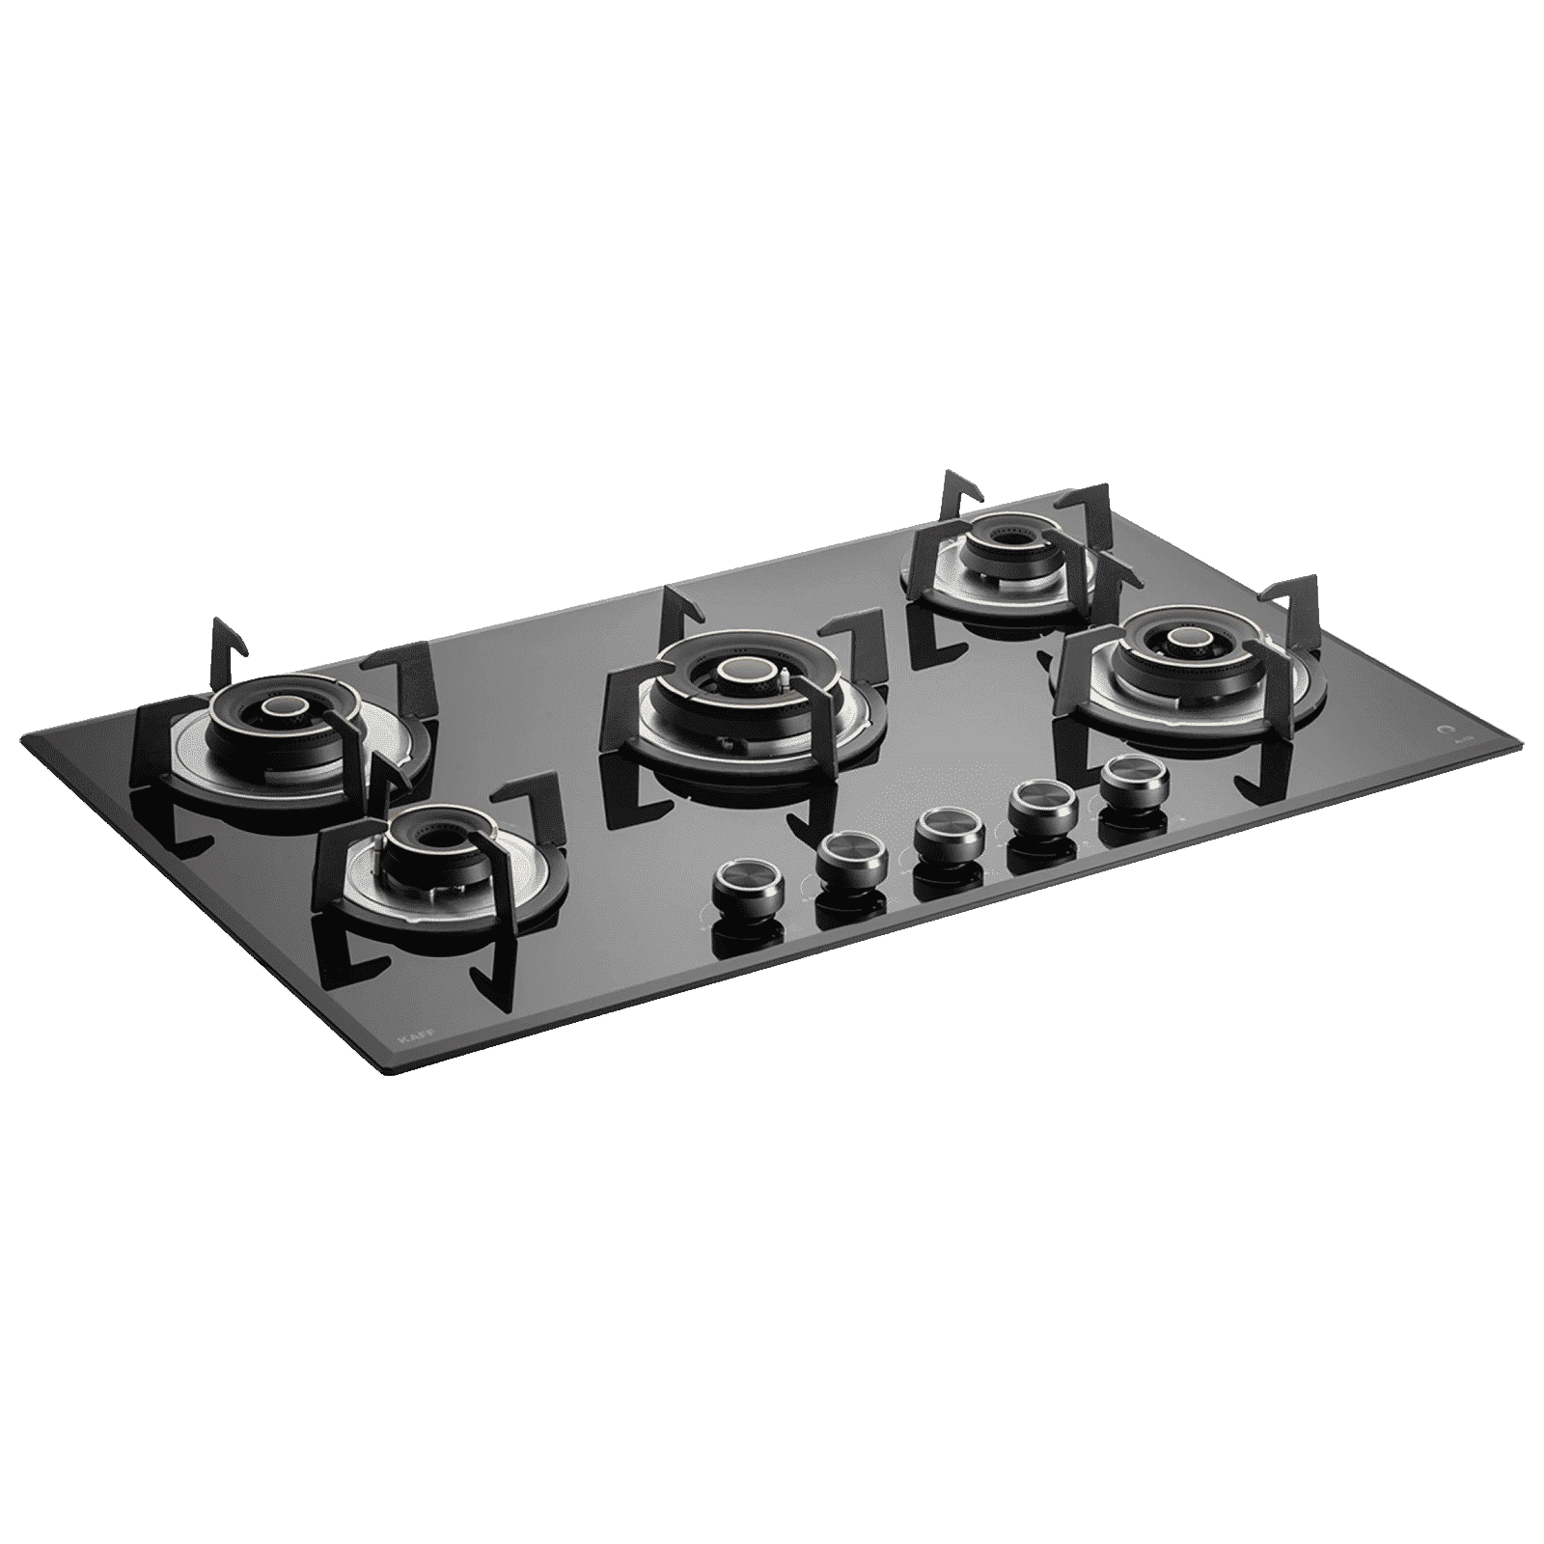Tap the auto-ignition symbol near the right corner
1442,731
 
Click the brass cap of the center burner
742,672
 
